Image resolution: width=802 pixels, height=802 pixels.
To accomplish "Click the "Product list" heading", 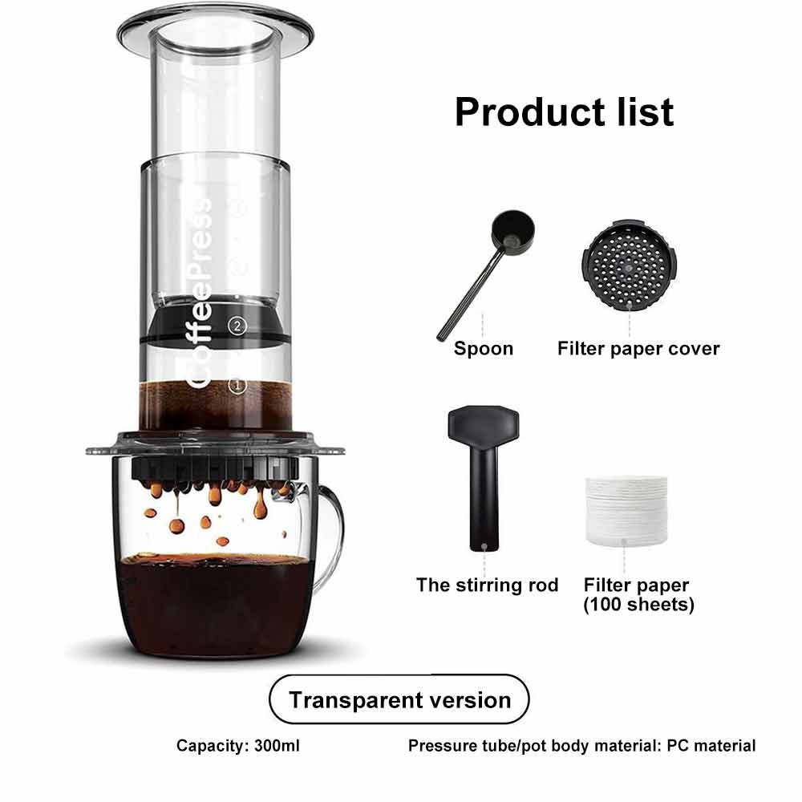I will (564, 111).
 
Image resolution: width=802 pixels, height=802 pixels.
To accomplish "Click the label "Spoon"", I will (483, 349).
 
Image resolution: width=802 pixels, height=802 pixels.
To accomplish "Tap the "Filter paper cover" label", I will (638, 349).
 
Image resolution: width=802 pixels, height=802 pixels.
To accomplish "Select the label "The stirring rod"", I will (487, 585).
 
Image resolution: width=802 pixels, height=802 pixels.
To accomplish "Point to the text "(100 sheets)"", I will (638, 605).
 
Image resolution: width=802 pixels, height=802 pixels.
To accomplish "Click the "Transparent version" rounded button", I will (399, 699).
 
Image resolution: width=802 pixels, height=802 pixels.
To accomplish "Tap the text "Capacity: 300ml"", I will (238, 746).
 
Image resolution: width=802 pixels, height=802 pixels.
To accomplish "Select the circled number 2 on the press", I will (236, 326).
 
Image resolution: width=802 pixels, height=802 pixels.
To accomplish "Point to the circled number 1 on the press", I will (236, 386).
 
